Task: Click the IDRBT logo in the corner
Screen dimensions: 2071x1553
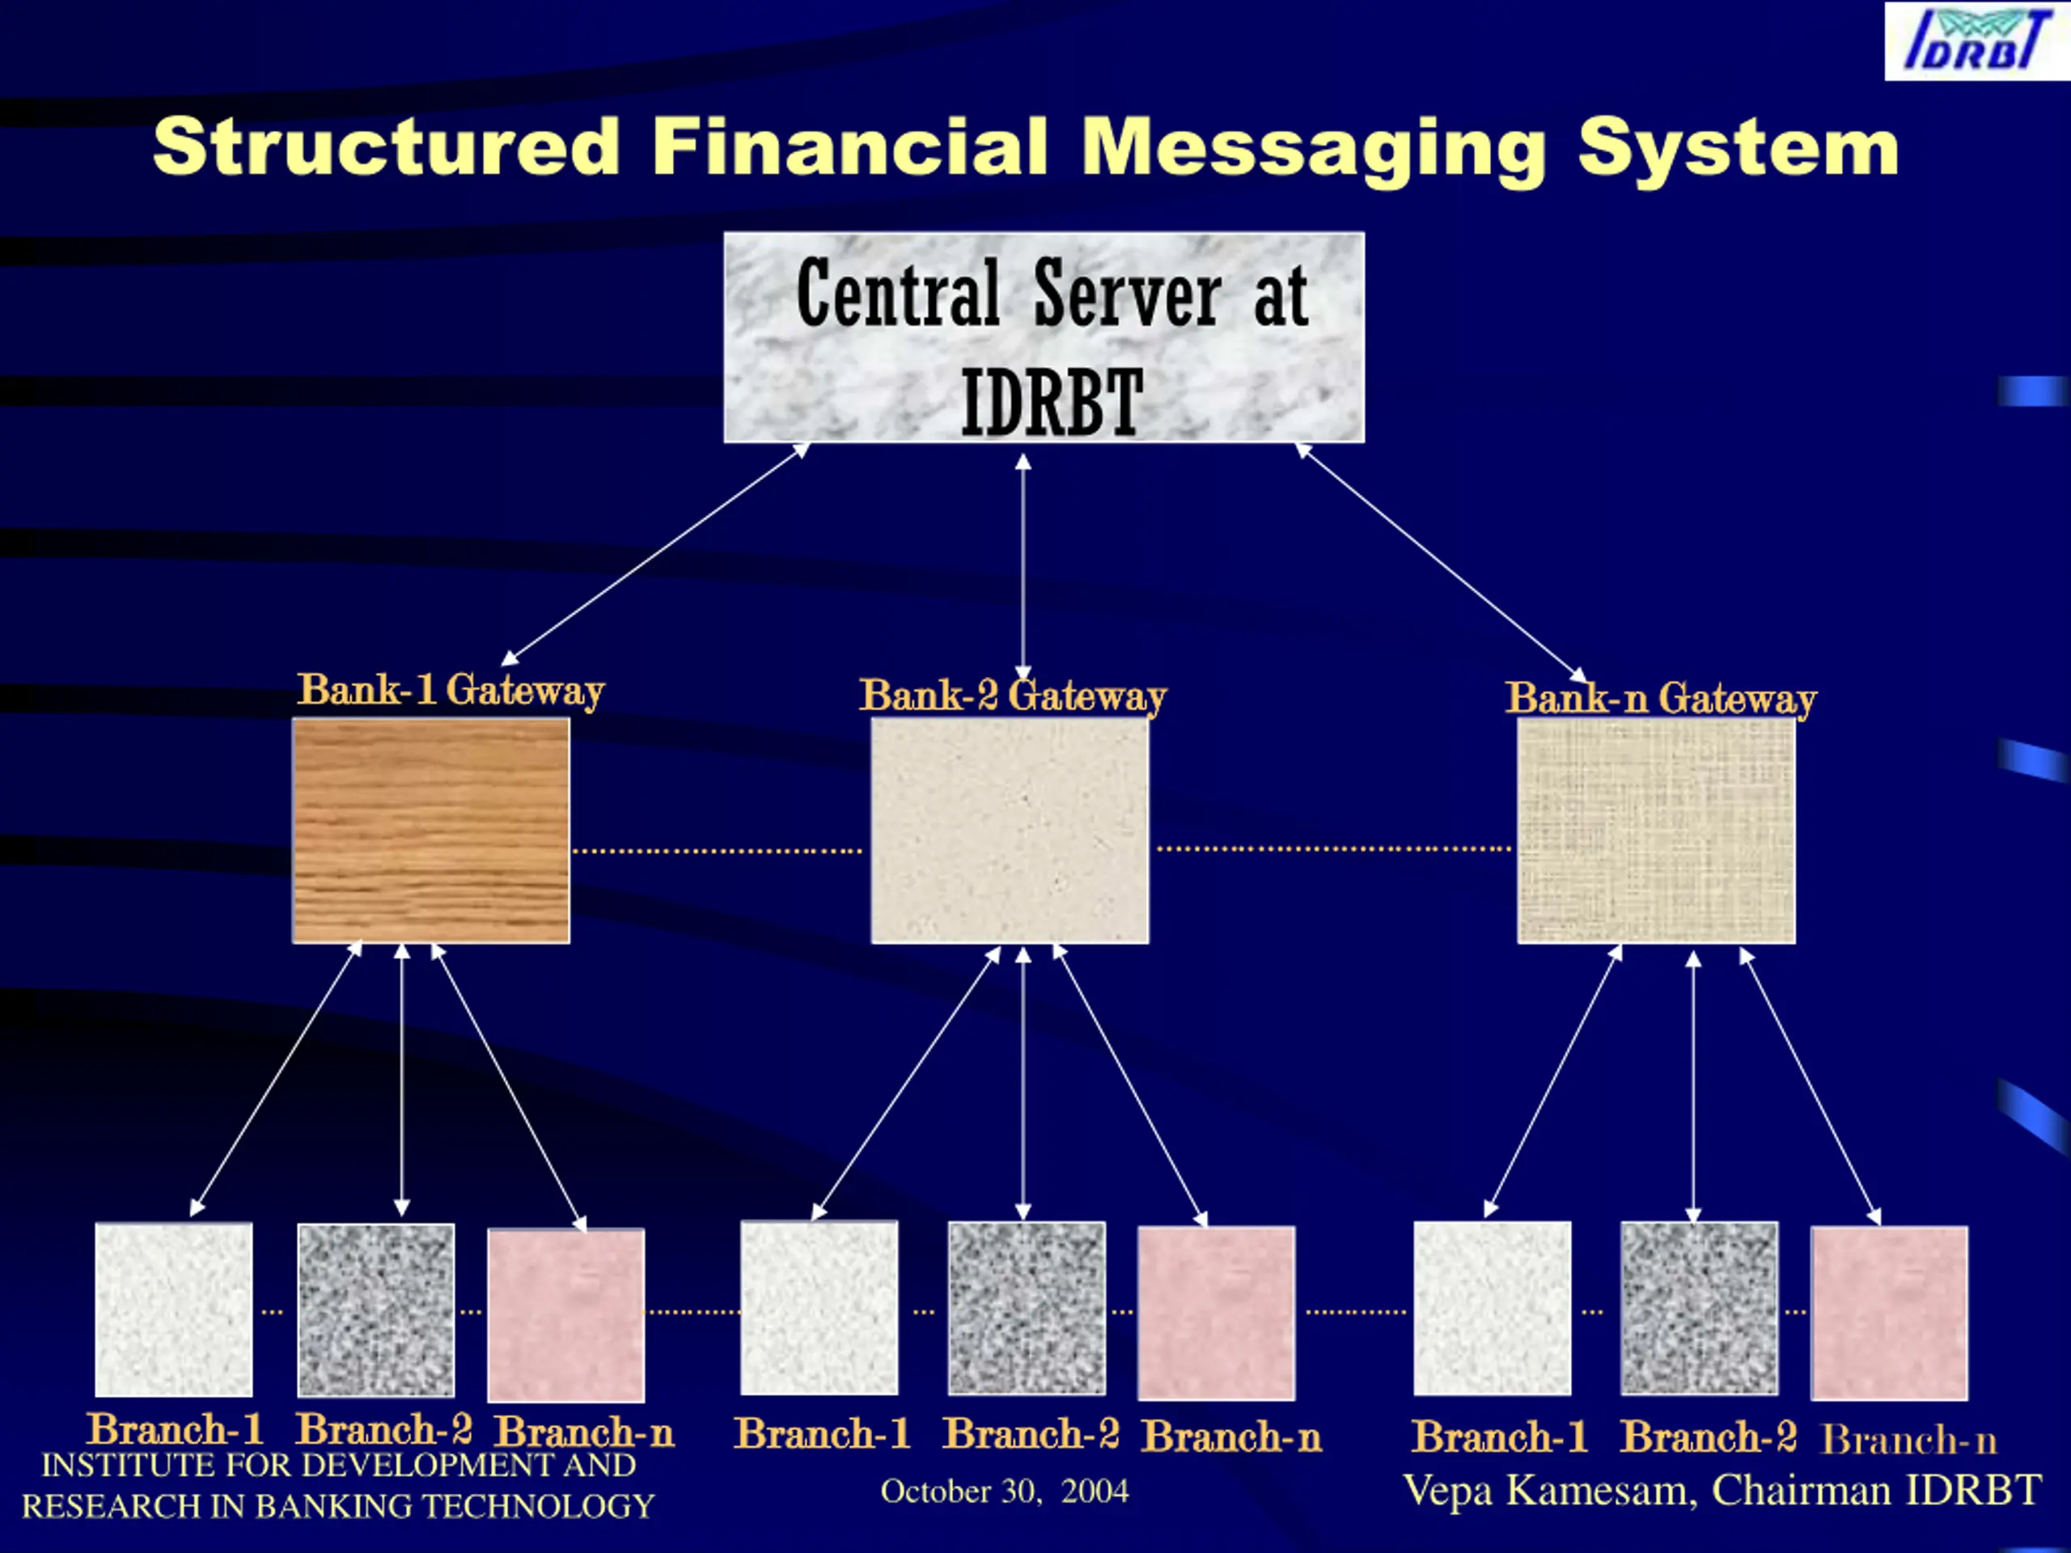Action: coord(1976,41)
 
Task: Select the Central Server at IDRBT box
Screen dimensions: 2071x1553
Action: coord(1044,337)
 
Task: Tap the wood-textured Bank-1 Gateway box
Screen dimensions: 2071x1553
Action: coord(430,831)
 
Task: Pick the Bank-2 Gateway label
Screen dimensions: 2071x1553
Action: coord(1013,696)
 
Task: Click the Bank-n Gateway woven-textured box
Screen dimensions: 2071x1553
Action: coord(1656,831)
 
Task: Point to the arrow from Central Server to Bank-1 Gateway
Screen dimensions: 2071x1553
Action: coord(655,553)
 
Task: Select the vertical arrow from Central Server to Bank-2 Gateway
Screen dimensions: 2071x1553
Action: coord(1023,566)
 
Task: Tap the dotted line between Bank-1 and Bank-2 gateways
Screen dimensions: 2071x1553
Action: coord(718,851)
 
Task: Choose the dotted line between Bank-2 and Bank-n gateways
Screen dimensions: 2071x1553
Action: coord(1334,849)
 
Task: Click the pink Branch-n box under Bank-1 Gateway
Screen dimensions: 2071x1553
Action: coord(566,1315)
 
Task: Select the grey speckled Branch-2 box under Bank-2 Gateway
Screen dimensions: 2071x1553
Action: coord(1026,1309)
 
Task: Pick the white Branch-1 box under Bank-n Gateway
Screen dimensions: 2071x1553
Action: coord(1493,1308)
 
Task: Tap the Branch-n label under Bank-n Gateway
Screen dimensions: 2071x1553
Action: coord(1909,1440)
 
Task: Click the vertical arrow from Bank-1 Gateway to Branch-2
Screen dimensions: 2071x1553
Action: coord(401,1081)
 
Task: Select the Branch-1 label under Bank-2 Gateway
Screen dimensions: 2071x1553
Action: coord(822,1433)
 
